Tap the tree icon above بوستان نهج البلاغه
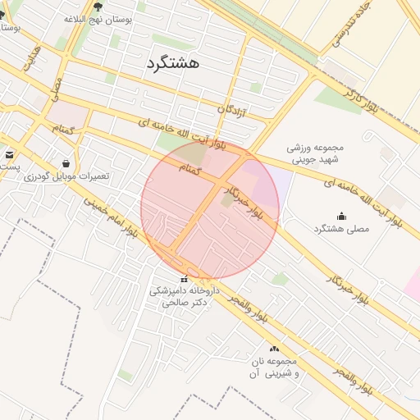click(x=98, y=7)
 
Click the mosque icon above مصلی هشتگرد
click(x=341, y=216)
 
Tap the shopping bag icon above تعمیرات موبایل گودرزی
click(x=66, y=163)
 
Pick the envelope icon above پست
click(x=9, y=153)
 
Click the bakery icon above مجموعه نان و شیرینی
click(x=274, y=349)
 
